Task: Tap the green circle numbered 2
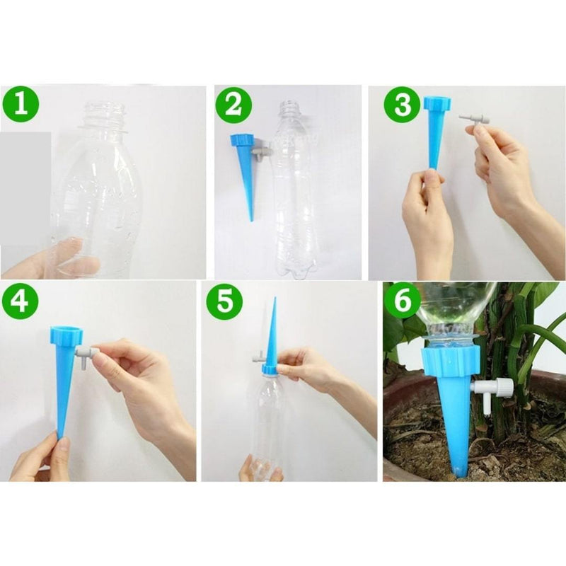(x=235, y=104)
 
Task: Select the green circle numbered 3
(x=402, y=105)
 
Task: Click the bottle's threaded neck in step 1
(x=104, y=117)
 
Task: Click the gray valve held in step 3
(x=475, y=119)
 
